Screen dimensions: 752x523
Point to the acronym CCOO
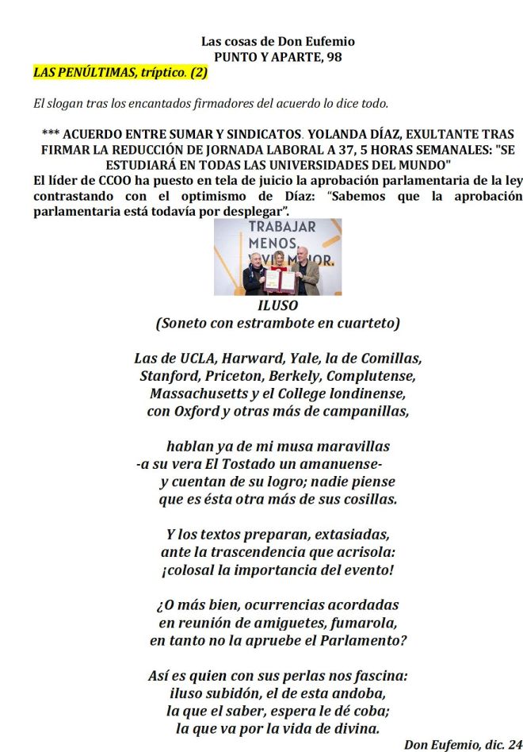[116, 182]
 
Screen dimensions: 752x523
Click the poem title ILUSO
[277, 305]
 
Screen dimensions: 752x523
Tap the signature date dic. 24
[501, 744]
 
